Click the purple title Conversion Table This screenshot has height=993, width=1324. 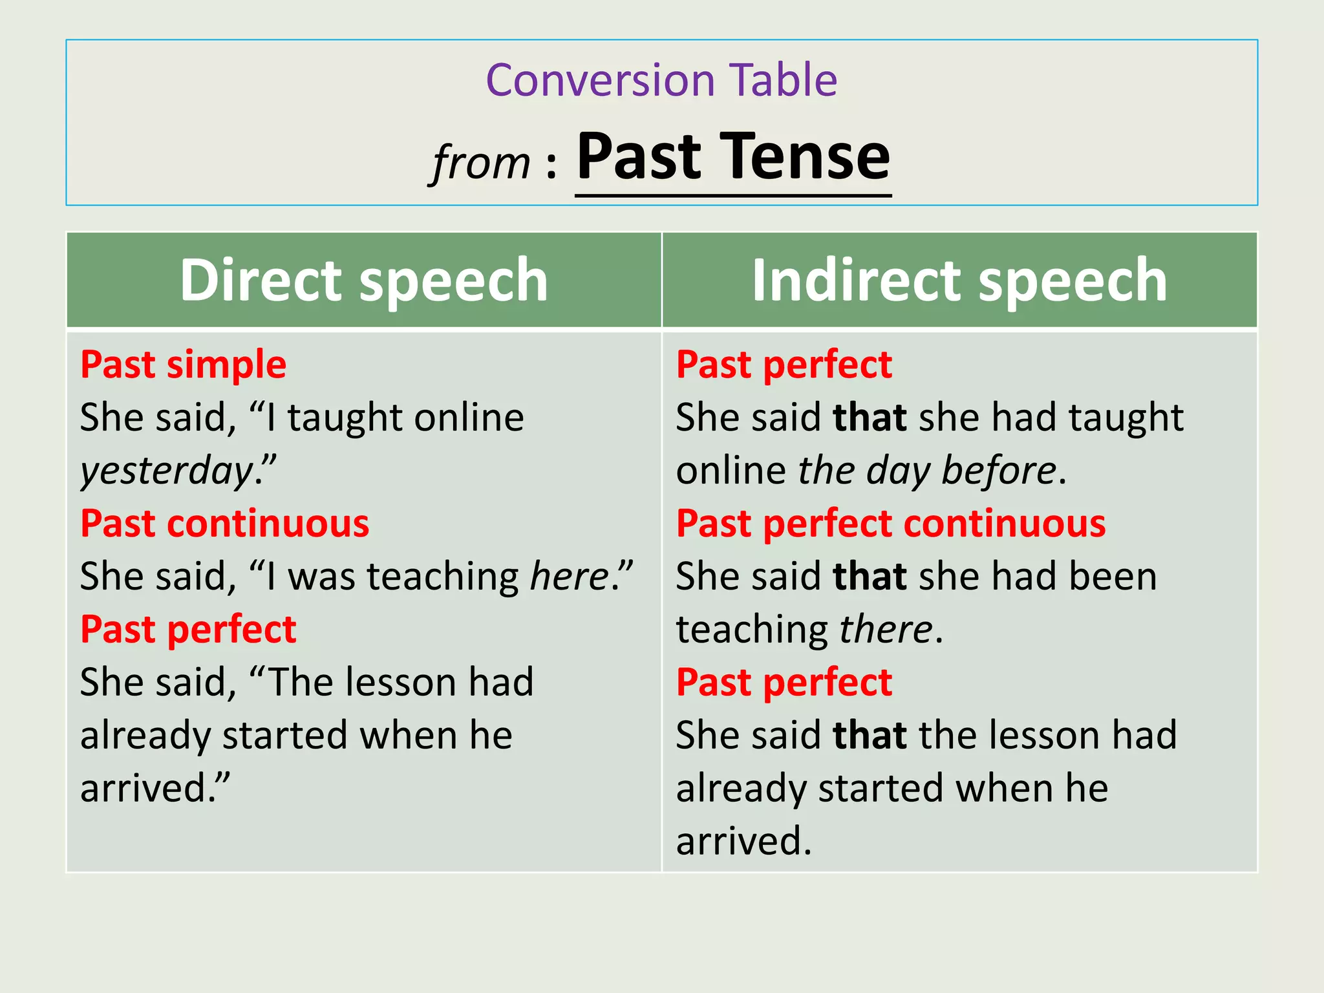661,80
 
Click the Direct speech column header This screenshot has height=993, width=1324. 364,280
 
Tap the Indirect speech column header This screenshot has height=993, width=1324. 959,280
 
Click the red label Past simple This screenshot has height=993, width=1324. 183,365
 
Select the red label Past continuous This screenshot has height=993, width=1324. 224,523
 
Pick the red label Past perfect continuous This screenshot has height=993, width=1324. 891,523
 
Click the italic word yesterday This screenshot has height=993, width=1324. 167,471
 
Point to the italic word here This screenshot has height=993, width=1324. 570,576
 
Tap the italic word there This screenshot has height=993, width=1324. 886,629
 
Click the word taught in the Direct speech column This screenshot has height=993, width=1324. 346,418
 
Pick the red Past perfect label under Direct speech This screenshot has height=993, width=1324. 188,629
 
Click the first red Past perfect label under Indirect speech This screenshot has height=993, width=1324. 784,365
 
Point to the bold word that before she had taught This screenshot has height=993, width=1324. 870,418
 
